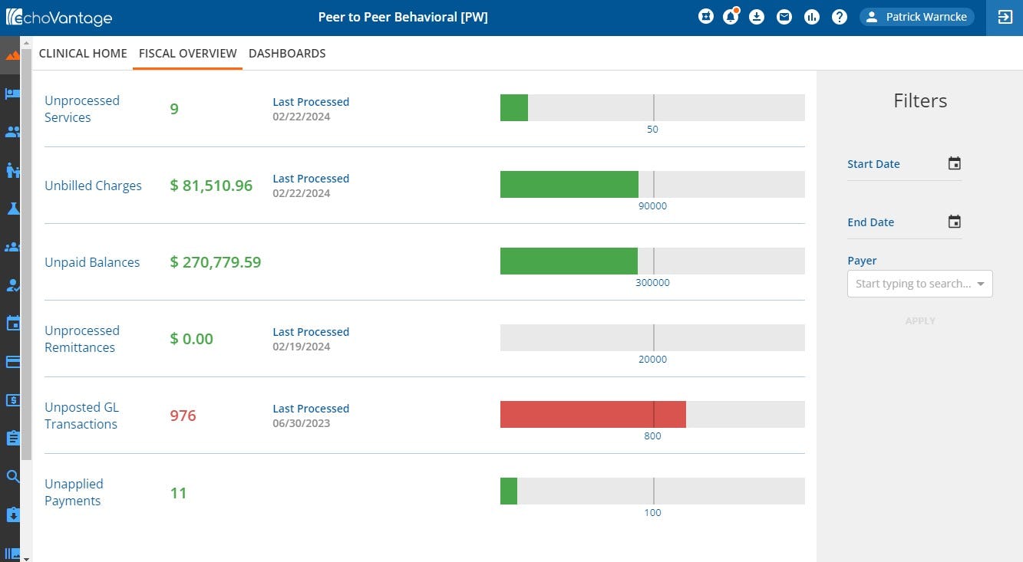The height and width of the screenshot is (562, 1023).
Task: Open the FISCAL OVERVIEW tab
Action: click(x=187, y=54)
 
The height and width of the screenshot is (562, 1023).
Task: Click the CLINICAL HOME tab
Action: click(x=83, y=54)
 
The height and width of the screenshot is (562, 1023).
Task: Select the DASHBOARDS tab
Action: click(x=287, y=54)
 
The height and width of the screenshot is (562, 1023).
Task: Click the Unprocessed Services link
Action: click(x=81, y=109)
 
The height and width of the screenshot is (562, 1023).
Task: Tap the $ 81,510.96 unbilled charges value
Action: click(x=211, y=186)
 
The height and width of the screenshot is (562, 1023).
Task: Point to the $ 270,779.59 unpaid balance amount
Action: click(x=216, y=262)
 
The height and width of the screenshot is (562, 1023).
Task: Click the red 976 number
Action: click(x=183, y=416)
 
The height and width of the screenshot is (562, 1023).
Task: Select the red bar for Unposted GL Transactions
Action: click(x=592, y=415)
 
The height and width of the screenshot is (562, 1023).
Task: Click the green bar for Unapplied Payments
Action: click(x=509, y=491)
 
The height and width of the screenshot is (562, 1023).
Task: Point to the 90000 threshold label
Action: click(x=652, y=206)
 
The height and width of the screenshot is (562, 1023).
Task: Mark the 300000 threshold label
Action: click(x=652, y=283)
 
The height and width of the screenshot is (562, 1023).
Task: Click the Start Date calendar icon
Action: click(x=954, y=163)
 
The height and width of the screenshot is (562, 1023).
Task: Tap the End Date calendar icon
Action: click(x=954, y=222)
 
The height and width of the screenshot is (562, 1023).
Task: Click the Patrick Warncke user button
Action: click(x=916, y=17)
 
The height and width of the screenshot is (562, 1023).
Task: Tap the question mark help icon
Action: click(x=839, y=17)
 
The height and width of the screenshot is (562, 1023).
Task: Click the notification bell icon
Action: click(x=730, y=17)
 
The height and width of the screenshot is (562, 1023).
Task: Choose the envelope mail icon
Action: click(x=784, y=17)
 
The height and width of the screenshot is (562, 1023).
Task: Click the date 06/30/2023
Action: click(x=302, y=423)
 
